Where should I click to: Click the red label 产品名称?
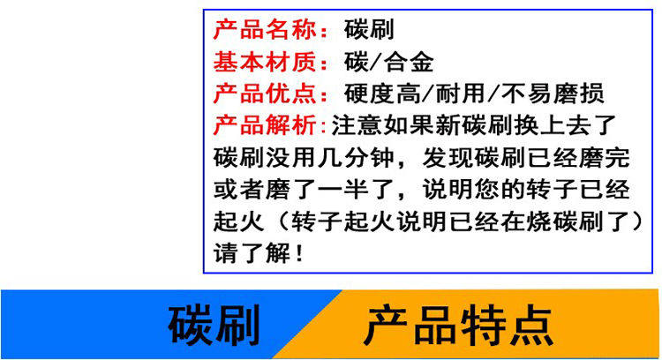tap(265, 29)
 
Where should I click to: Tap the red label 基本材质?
tap(265, 62)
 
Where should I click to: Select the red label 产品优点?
tap(265, 94)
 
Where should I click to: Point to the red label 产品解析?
tap(265, 125)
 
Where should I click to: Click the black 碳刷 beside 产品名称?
tap(369, 29)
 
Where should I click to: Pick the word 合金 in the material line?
tap(409, 62)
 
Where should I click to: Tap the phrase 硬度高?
tap(382, 94)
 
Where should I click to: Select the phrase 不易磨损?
tap(553, 94)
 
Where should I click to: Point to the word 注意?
tap(357, 125)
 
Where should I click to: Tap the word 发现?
tap(448, 157)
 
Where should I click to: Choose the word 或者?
tap(238, 189)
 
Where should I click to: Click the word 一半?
tap(342, 189)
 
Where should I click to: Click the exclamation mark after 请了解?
tap(299, 253)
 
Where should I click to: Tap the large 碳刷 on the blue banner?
tap(214, 326)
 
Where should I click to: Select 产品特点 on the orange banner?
tap(458, 326)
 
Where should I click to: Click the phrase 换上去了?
tap(565, 125)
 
